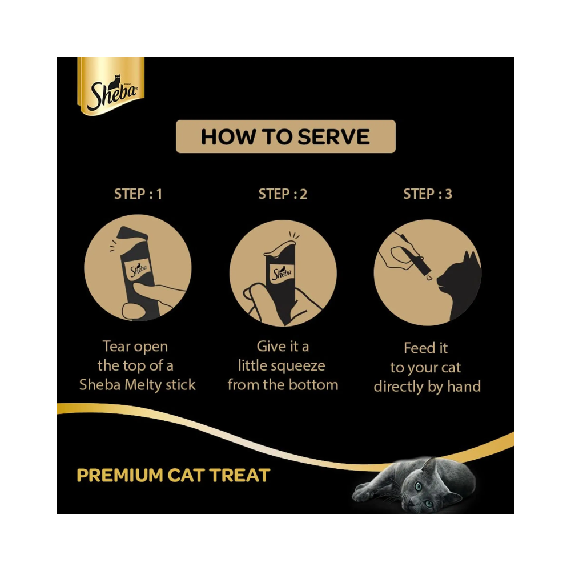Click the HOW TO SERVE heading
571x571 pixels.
click(x=285, y=136)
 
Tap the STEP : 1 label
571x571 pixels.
click(x=138, y=194)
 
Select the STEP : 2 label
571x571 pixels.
click(x=283, y=194)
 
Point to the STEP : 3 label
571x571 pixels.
click(x=428, y=194)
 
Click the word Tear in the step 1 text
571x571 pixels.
click(x=118, y=347)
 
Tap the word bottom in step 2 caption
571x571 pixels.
click(x=314, y=385)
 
